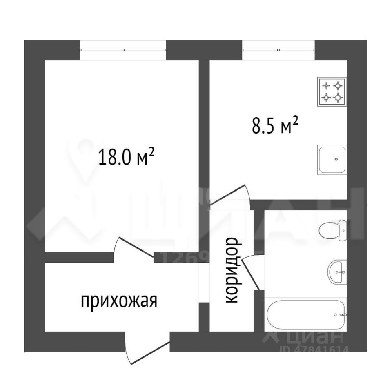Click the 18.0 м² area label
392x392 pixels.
[126, 157]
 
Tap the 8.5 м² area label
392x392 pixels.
[273, 125]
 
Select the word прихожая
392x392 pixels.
[119, 302]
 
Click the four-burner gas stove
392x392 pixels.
[332, 91]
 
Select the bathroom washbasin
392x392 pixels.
[337, 271]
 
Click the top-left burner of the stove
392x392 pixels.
[326, 86]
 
